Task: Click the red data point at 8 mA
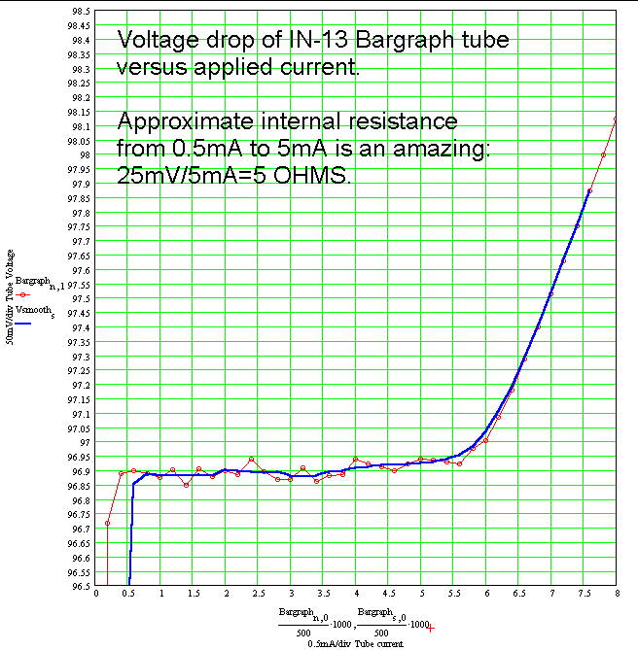tap(617, 119)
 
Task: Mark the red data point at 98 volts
tap(604, 154)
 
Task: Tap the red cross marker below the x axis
tap(431, 629)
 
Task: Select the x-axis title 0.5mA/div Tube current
tap(354, 643)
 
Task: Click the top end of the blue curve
tap(589, 190)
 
